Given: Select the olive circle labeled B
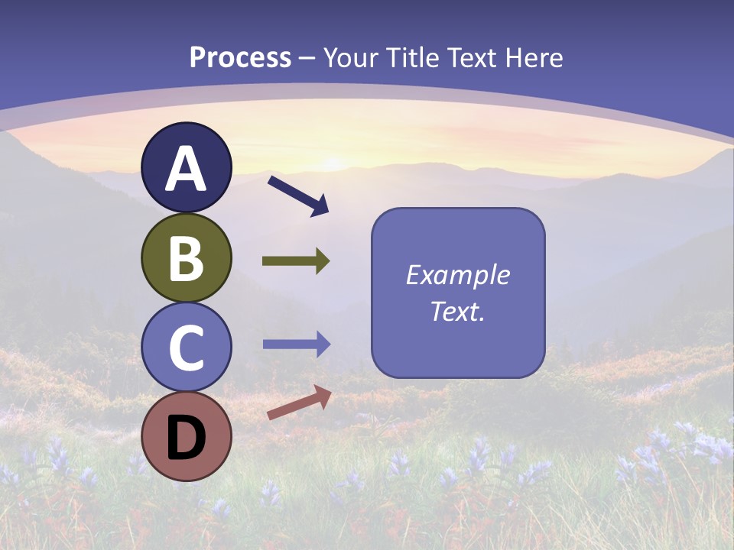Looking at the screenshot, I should [186, 257].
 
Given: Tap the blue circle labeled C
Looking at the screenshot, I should [186, 348].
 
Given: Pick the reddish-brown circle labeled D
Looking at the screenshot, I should [186, 438].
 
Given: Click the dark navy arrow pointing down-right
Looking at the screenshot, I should [298, 196].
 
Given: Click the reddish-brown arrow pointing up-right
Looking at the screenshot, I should [299, 403].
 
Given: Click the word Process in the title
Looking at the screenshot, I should [240, 58].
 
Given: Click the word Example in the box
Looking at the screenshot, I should [458, 275].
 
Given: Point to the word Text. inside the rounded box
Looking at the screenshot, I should [458, 312].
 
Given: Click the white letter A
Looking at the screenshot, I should [186, 170].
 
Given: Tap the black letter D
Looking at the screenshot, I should [186, 438].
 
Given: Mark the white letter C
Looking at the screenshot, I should [186, 348].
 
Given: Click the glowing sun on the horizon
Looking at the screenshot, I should [333, 162].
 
